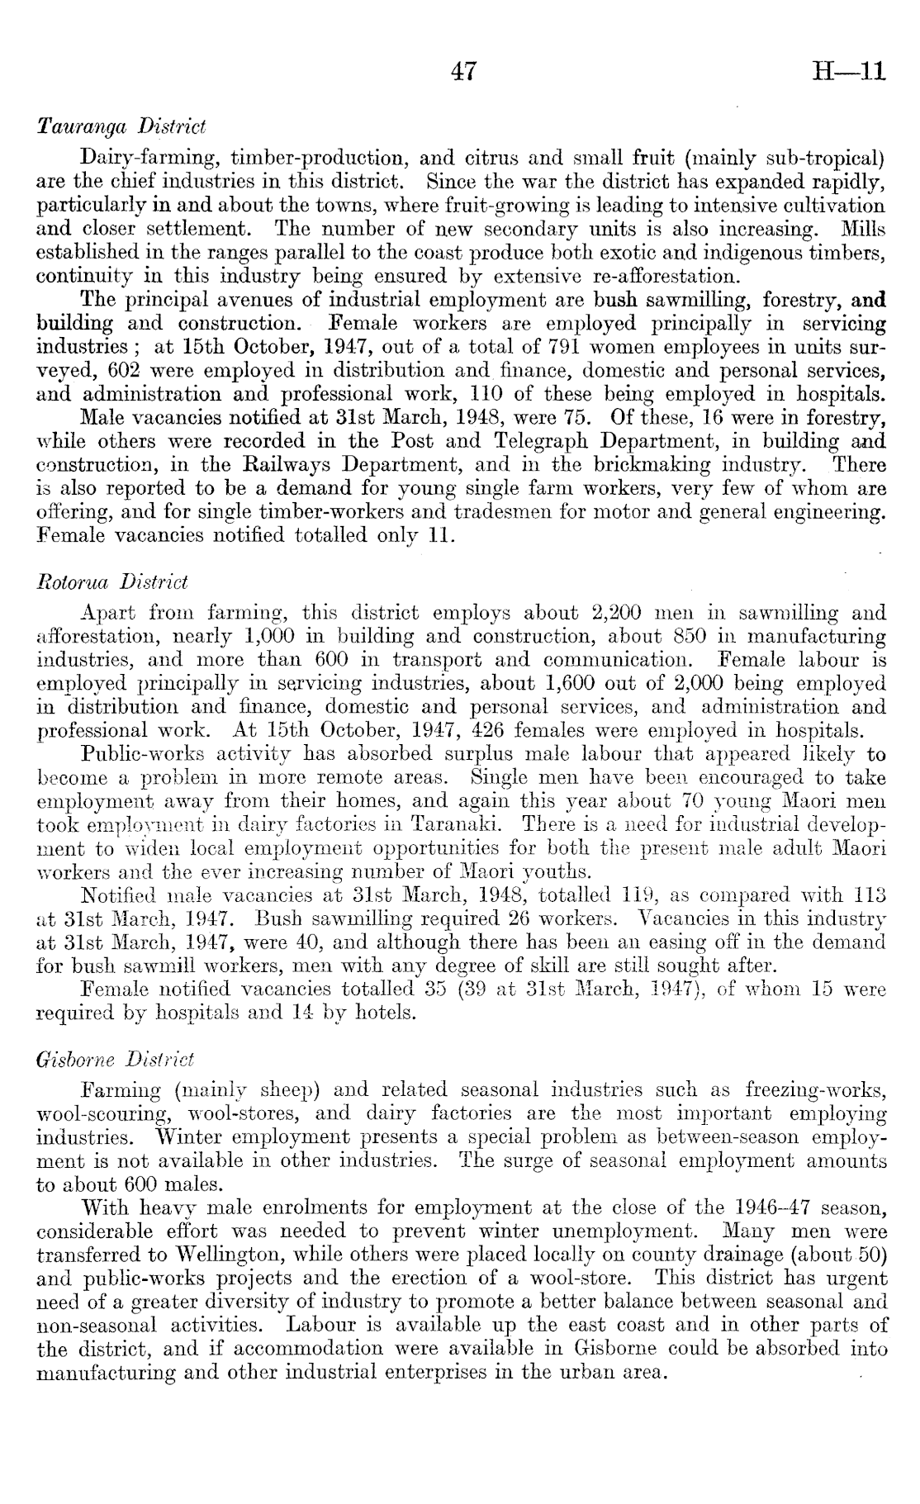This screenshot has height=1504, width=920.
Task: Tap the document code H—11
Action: point(849,72)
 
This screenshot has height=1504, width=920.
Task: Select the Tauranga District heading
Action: point(121,127)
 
